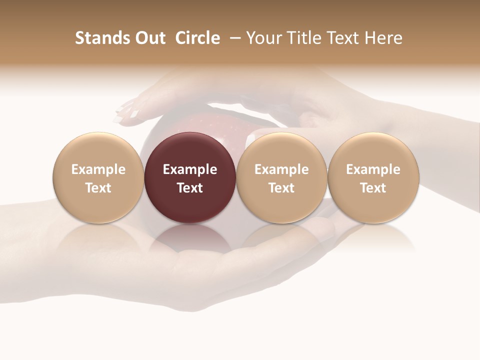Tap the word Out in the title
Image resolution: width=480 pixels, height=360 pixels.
tap(148, 38)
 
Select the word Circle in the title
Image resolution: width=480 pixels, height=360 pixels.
tap(197, 38)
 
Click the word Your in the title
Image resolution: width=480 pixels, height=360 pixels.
tap(264, 38)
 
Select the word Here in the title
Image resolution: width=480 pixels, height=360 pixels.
tap(383, 38)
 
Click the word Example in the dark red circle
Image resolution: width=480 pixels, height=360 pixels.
tap(190, 169)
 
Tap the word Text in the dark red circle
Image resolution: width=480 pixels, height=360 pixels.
tap(190, 188)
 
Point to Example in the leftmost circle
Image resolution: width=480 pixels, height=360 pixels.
tap(98, 169)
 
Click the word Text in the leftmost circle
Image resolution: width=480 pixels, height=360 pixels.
tap(98, 188)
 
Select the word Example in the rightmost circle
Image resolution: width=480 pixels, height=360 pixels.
tap(373, 169)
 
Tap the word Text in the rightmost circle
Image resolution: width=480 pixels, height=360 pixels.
tap(373, 188)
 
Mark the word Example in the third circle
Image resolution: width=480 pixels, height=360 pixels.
tap(281, 169)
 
